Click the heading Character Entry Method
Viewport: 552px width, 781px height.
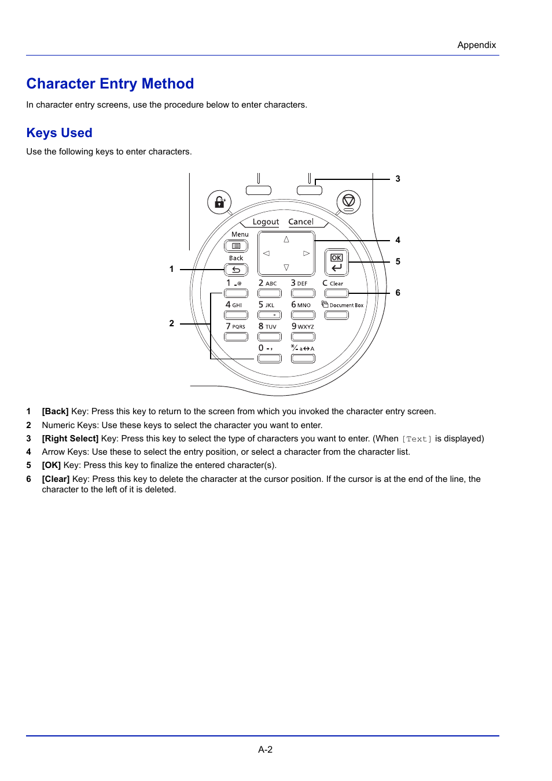[x=110, y=84]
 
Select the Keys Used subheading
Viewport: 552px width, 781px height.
[x=59, y=133]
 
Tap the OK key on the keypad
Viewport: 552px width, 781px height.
[x=336, y=262]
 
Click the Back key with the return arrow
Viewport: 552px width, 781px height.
[x=236, y=270]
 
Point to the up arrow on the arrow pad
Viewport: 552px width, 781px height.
[x=286, y=240]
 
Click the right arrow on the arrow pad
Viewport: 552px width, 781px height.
[x=306, y=253]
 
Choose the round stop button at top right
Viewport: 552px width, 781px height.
[x=348, y=202]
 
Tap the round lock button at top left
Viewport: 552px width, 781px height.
[x=219, y=202]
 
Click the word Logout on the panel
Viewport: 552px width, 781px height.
[x=266, y=222]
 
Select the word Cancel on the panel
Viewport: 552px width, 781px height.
[x=301, y=222]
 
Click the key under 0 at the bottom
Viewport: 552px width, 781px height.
[x=270, y=359]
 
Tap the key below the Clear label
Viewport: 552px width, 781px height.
[x=336, y=293]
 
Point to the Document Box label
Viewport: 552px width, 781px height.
[x=346, y=305]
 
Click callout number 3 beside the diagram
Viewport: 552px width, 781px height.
[x=398, y=179]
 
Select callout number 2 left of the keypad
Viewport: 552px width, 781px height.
[x=171, y=323]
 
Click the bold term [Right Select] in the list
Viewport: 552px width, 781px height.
[x=70, y=439]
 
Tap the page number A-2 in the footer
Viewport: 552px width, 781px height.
[x=265, y=749]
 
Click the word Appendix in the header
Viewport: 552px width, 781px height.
[x=476, y=45]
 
